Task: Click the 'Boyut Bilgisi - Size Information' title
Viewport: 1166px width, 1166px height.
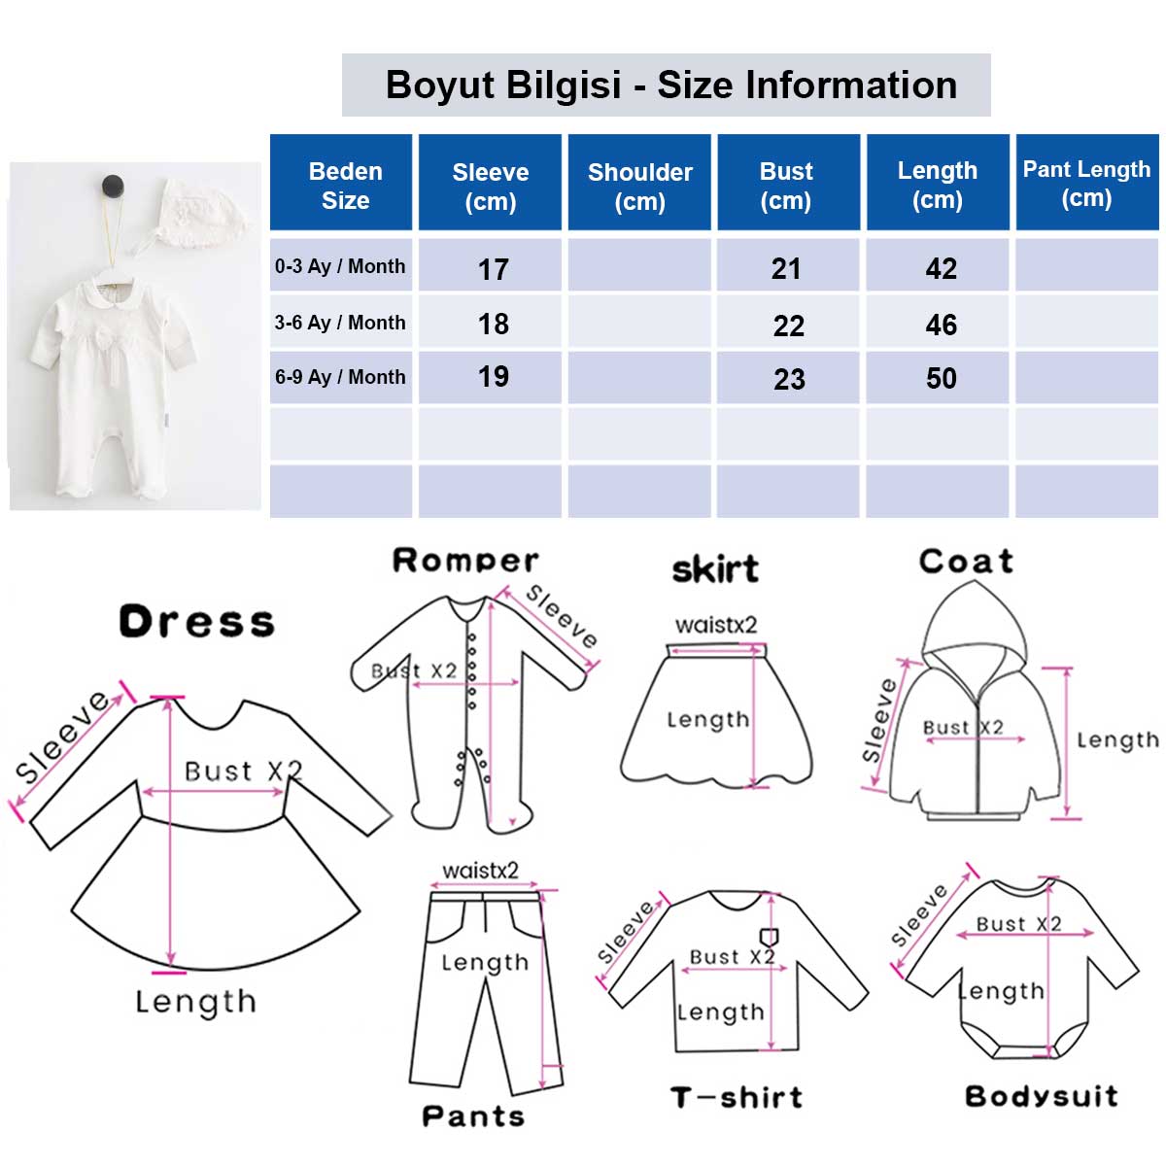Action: point(670,85)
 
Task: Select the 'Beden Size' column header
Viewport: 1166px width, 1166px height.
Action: point(345,186)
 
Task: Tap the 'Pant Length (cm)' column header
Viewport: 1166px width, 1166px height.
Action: point(1086,184)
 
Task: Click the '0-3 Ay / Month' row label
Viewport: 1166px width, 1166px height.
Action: point(339,266)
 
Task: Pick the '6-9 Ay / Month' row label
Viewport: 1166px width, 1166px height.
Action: point(340,377)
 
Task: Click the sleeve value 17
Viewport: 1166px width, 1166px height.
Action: point(493,269)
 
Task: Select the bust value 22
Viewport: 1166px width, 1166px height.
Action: point(788,326)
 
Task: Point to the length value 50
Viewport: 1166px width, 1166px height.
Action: point(941,379)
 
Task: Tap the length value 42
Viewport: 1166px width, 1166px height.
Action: point(941,268)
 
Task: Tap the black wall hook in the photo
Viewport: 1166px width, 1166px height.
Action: point(113,186)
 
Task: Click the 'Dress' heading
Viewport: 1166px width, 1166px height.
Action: point(196,622)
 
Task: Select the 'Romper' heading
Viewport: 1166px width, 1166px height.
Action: point(465,560)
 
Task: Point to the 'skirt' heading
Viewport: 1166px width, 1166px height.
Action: point(715,568)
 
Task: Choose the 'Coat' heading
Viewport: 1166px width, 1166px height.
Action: point(966,561)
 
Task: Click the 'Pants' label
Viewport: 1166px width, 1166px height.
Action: point(473,1115)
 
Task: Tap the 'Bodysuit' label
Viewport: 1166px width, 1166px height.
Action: point(1042,1096)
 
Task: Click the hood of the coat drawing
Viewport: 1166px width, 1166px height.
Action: point(975,623)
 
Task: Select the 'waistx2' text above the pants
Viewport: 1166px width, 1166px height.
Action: point(480,871)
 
